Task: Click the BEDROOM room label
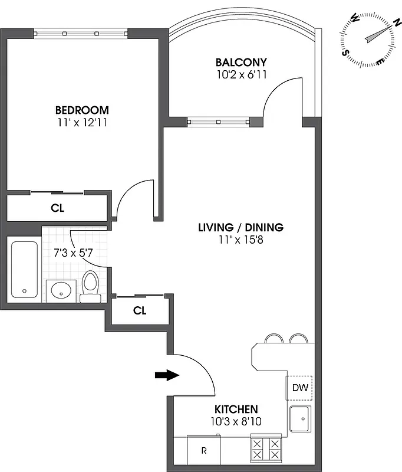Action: click(82, 110)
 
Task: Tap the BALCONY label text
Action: click(241, 62)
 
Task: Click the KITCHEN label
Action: click(236, 409)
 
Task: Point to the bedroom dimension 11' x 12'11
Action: click(82, 123)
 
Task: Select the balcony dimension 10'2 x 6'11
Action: click(241, 75)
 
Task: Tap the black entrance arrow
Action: click(167, 375)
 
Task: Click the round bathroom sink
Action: click(61, 290)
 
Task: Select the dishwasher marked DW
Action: click(299, 388)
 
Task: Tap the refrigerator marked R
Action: click(204, 451)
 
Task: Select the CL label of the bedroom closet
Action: click(57, 208)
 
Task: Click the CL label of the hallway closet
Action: click(139, 311)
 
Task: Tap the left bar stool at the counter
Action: click(274, 339)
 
